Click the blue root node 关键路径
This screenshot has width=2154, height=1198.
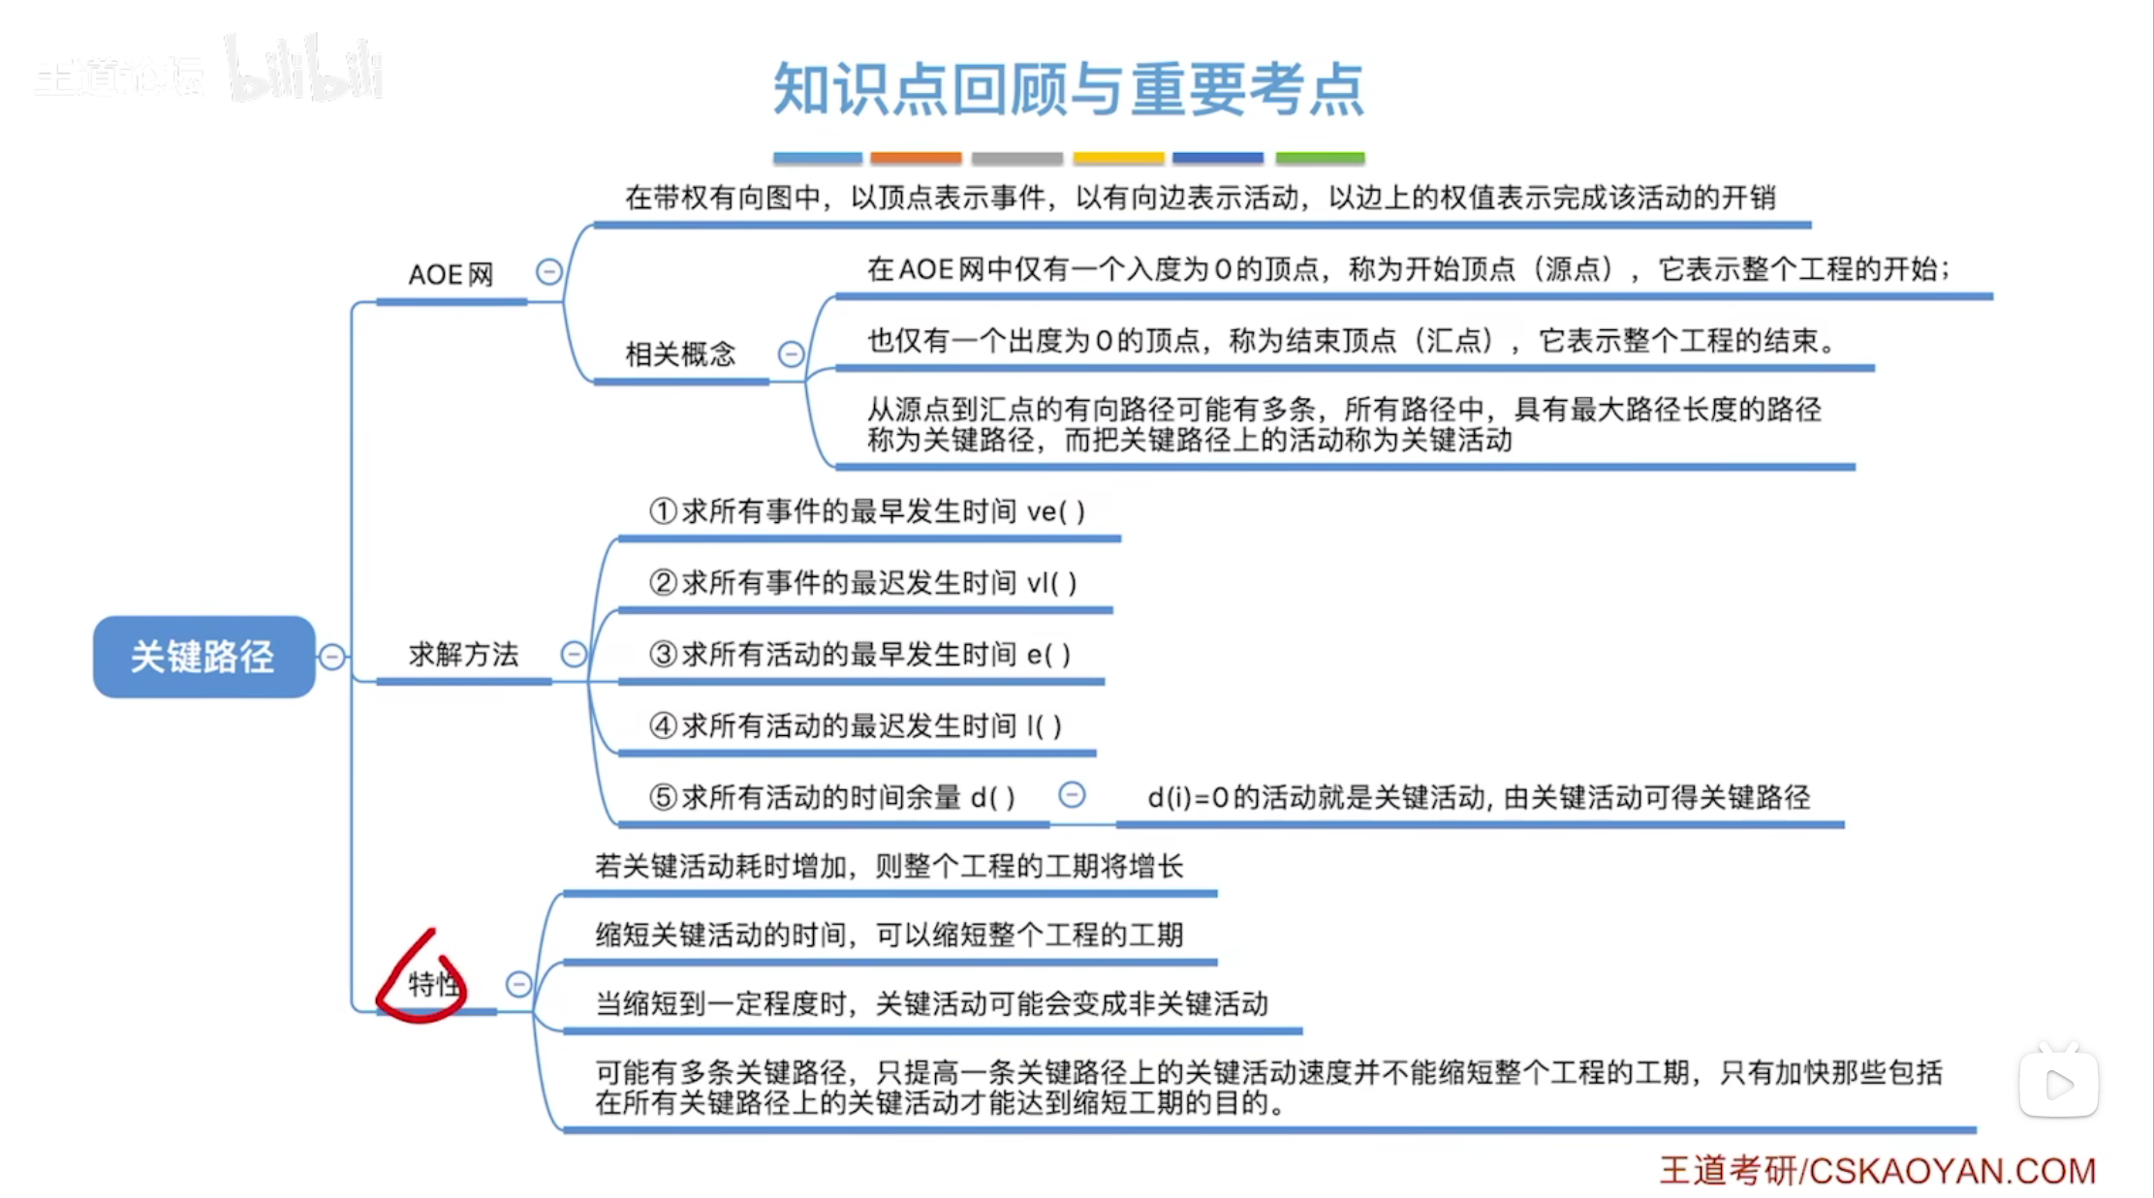click(203, 657)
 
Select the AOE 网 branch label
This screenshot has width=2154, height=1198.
click(451, 275)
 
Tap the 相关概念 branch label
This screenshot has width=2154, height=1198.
click(680, 354)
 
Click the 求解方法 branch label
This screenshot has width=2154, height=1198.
click(463, 655)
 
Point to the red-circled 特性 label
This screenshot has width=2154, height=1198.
click(432, 984)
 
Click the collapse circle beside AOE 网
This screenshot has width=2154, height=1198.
click(549, 272)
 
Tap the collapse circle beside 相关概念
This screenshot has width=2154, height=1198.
click(791, 354)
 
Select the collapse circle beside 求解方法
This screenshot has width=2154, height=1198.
click(574, 655)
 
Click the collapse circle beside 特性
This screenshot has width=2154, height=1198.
click(518, 985)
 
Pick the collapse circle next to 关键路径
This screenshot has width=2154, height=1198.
click(332, 657)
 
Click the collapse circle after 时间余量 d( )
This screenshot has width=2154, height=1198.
click(1072, 795)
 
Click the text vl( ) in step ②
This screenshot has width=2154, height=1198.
click(1051, 583)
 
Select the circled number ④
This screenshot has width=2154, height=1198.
click(663, 725)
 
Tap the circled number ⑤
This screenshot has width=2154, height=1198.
click(663, 797)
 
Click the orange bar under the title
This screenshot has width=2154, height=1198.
click(916, 158)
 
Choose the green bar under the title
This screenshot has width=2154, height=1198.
click(1320, 158)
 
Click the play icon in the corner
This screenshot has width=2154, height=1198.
click(2059, 1085)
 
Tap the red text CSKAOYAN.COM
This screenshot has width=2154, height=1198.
click(1951, 1171)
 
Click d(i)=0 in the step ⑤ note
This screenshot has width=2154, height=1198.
click(1188, 798)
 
